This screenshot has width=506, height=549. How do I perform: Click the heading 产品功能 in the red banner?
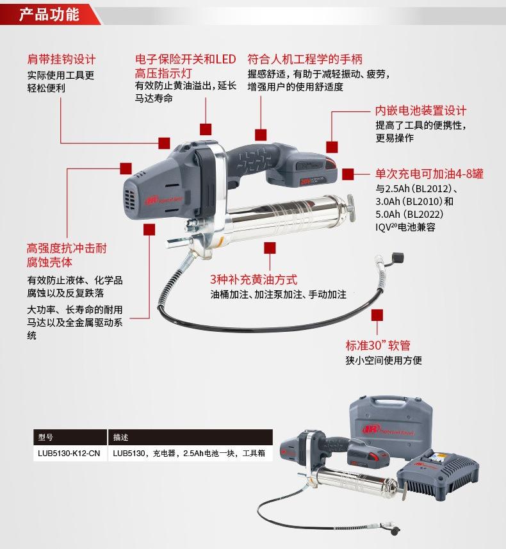49,14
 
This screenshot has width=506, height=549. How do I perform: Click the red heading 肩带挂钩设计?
61,59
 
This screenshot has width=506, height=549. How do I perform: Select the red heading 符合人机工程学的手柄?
305,59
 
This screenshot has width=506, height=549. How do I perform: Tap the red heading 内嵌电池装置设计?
421,111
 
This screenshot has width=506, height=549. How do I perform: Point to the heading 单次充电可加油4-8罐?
429,174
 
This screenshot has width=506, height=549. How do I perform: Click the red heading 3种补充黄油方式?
254,279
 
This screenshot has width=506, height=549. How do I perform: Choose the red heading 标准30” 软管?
378,345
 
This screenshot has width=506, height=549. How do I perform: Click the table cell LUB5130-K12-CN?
69,454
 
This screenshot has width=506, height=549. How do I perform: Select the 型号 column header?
45,438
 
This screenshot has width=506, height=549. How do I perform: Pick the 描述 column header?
120,438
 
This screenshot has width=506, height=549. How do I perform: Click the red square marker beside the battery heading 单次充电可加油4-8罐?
348,174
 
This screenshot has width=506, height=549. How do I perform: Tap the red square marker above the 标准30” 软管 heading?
377,315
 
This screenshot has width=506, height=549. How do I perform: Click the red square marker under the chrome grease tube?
270,248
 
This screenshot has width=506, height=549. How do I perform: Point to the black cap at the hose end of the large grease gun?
398,258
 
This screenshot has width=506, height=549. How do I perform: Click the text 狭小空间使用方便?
384,360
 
